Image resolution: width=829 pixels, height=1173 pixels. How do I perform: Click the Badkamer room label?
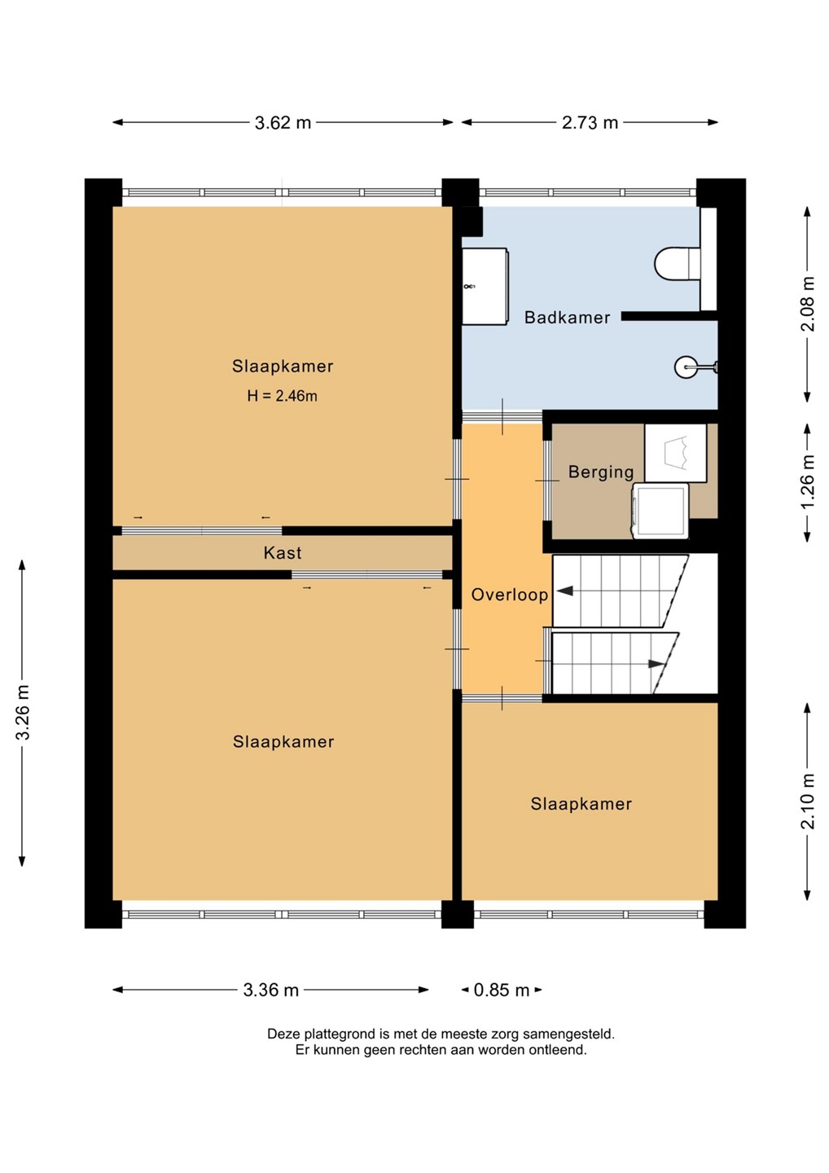click(567, 318)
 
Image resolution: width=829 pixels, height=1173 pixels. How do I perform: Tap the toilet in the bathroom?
click(678, 263)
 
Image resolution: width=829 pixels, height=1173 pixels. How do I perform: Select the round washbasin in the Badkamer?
click(686, 367)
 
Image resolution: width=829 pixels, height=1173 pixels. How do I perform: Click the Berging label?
click(601, 472)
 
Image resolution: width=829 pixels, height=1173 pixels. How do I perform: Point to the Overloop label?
click(509, 595)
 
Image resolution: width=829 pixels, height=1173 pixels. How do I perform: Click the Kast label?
click(283, 552)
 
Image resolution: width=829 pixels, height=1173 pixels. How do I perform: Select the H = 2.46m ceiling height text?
click(282, 396)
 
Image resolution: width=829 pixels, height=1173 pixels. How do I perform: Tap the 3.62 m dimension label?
click(283, 122)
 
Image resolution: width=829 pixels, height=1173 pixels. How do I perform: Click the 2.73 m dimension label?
click(590, 122)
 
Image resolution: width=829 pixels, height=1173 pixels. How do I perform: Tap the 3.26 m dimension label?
click(23, 712)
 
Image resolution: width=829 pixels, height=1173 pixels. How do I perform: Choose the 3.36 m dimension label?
click(270, 990)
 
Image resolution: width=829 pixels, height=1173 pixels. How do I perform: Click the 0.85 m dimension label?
click(502, 990)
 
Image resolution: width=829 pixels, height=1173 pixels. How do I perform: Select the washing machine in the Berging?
click(660, 511)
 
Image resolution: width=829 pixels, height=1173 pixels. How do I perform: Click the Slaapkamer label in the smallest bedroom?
click(581, 804)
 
